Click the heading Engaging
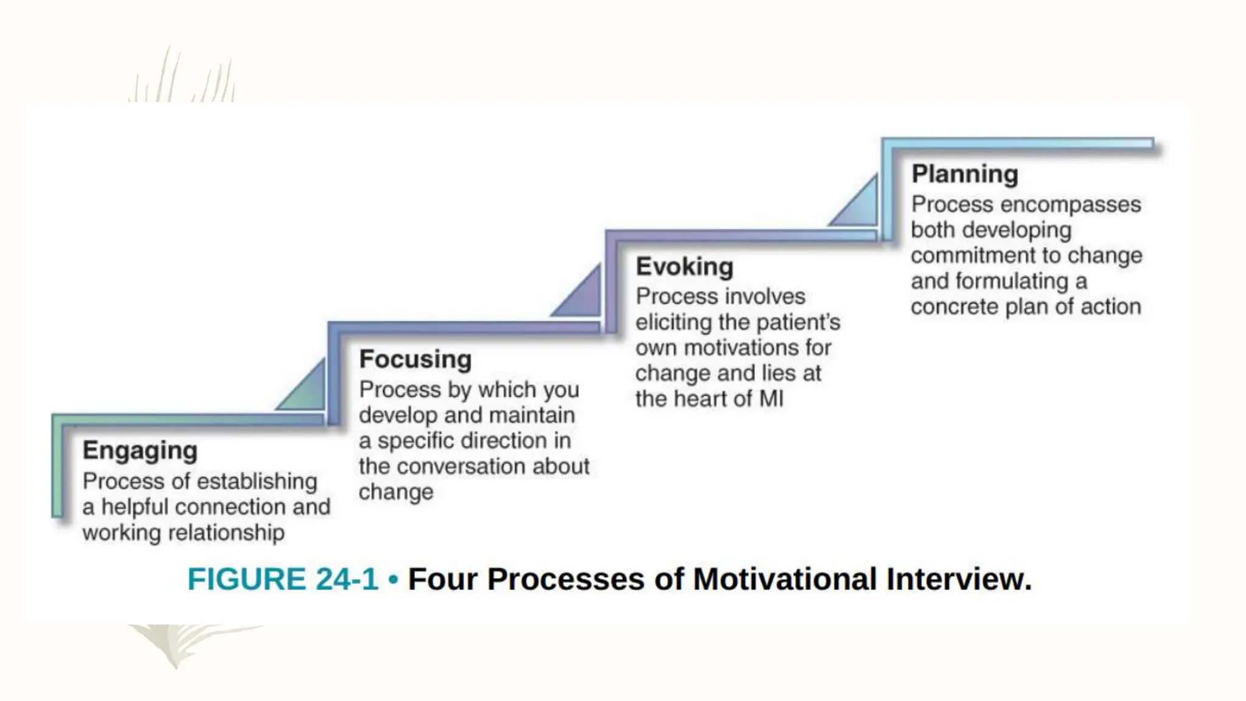(x=140, y=451)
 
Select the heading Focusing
(x=416, y=359)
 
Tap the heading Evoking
(x=684, y=267)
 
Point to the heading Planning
(x=964, y=174)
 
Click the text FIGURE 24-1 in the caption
(x=283, y=579)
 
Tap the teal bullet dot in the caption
(x=393, y=579)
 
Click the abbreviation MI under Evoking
(x=771, y=399)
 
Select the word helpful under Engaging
(x=134, y=507)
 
